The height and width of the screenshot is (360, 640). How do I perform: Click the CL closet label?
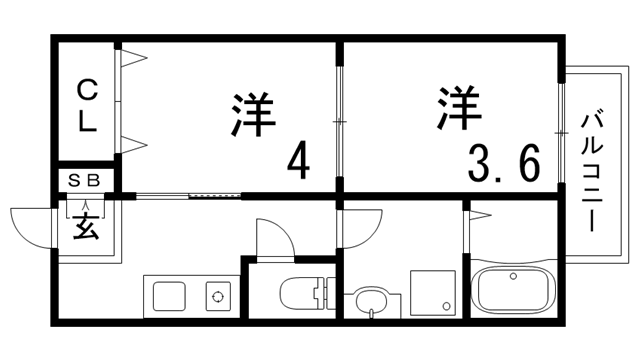(x=87, y=105)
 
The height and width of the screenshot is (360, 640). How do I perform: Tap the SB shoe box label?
(x=86, y=181)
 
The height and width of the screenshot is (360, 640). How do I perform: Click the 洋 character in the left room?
(x=252, y=113)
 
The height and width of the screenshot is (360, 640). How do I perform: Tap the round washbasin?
(x=369, y=298)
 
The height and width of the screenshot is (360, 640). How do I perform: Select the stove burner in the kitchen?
(x=217, y=296)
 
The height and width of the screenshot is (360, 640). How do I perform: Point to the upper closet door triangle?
(x=134, y=60)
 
